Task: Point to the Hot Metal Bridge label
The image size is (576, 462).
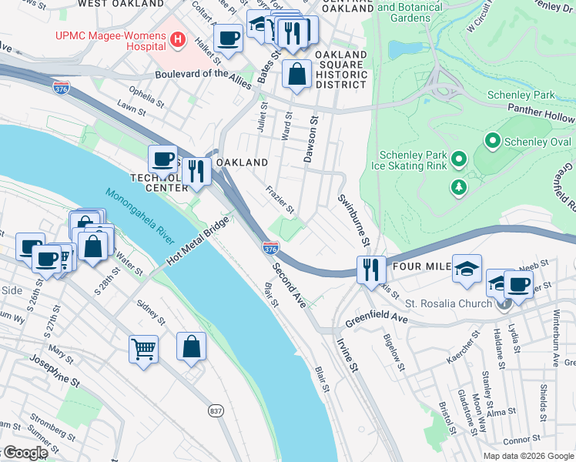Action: tap(198, 240)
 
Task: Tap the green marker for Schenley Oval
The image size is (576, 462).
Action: tap(492, 142)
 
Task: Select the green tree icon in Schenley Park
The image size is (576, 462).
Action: tap(459, 186)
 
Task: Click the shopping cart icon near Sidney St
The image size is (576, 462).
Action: tap(143, 350)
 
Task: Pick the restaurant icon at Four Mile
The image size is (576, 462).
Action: tap(371, 269)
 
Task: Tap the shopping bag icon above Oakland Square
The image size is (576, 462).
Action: tap(296, 75)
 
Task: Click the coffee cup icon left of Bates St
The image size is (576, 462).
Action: tap(229, 38)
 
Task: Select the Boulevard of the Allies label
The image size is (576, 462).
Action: tap(203, 75)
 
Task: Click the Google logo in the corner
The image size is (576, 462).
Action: tap(25, 453)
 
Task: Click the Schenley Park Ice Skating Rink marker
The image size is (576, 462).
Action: tap(459, 159)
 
